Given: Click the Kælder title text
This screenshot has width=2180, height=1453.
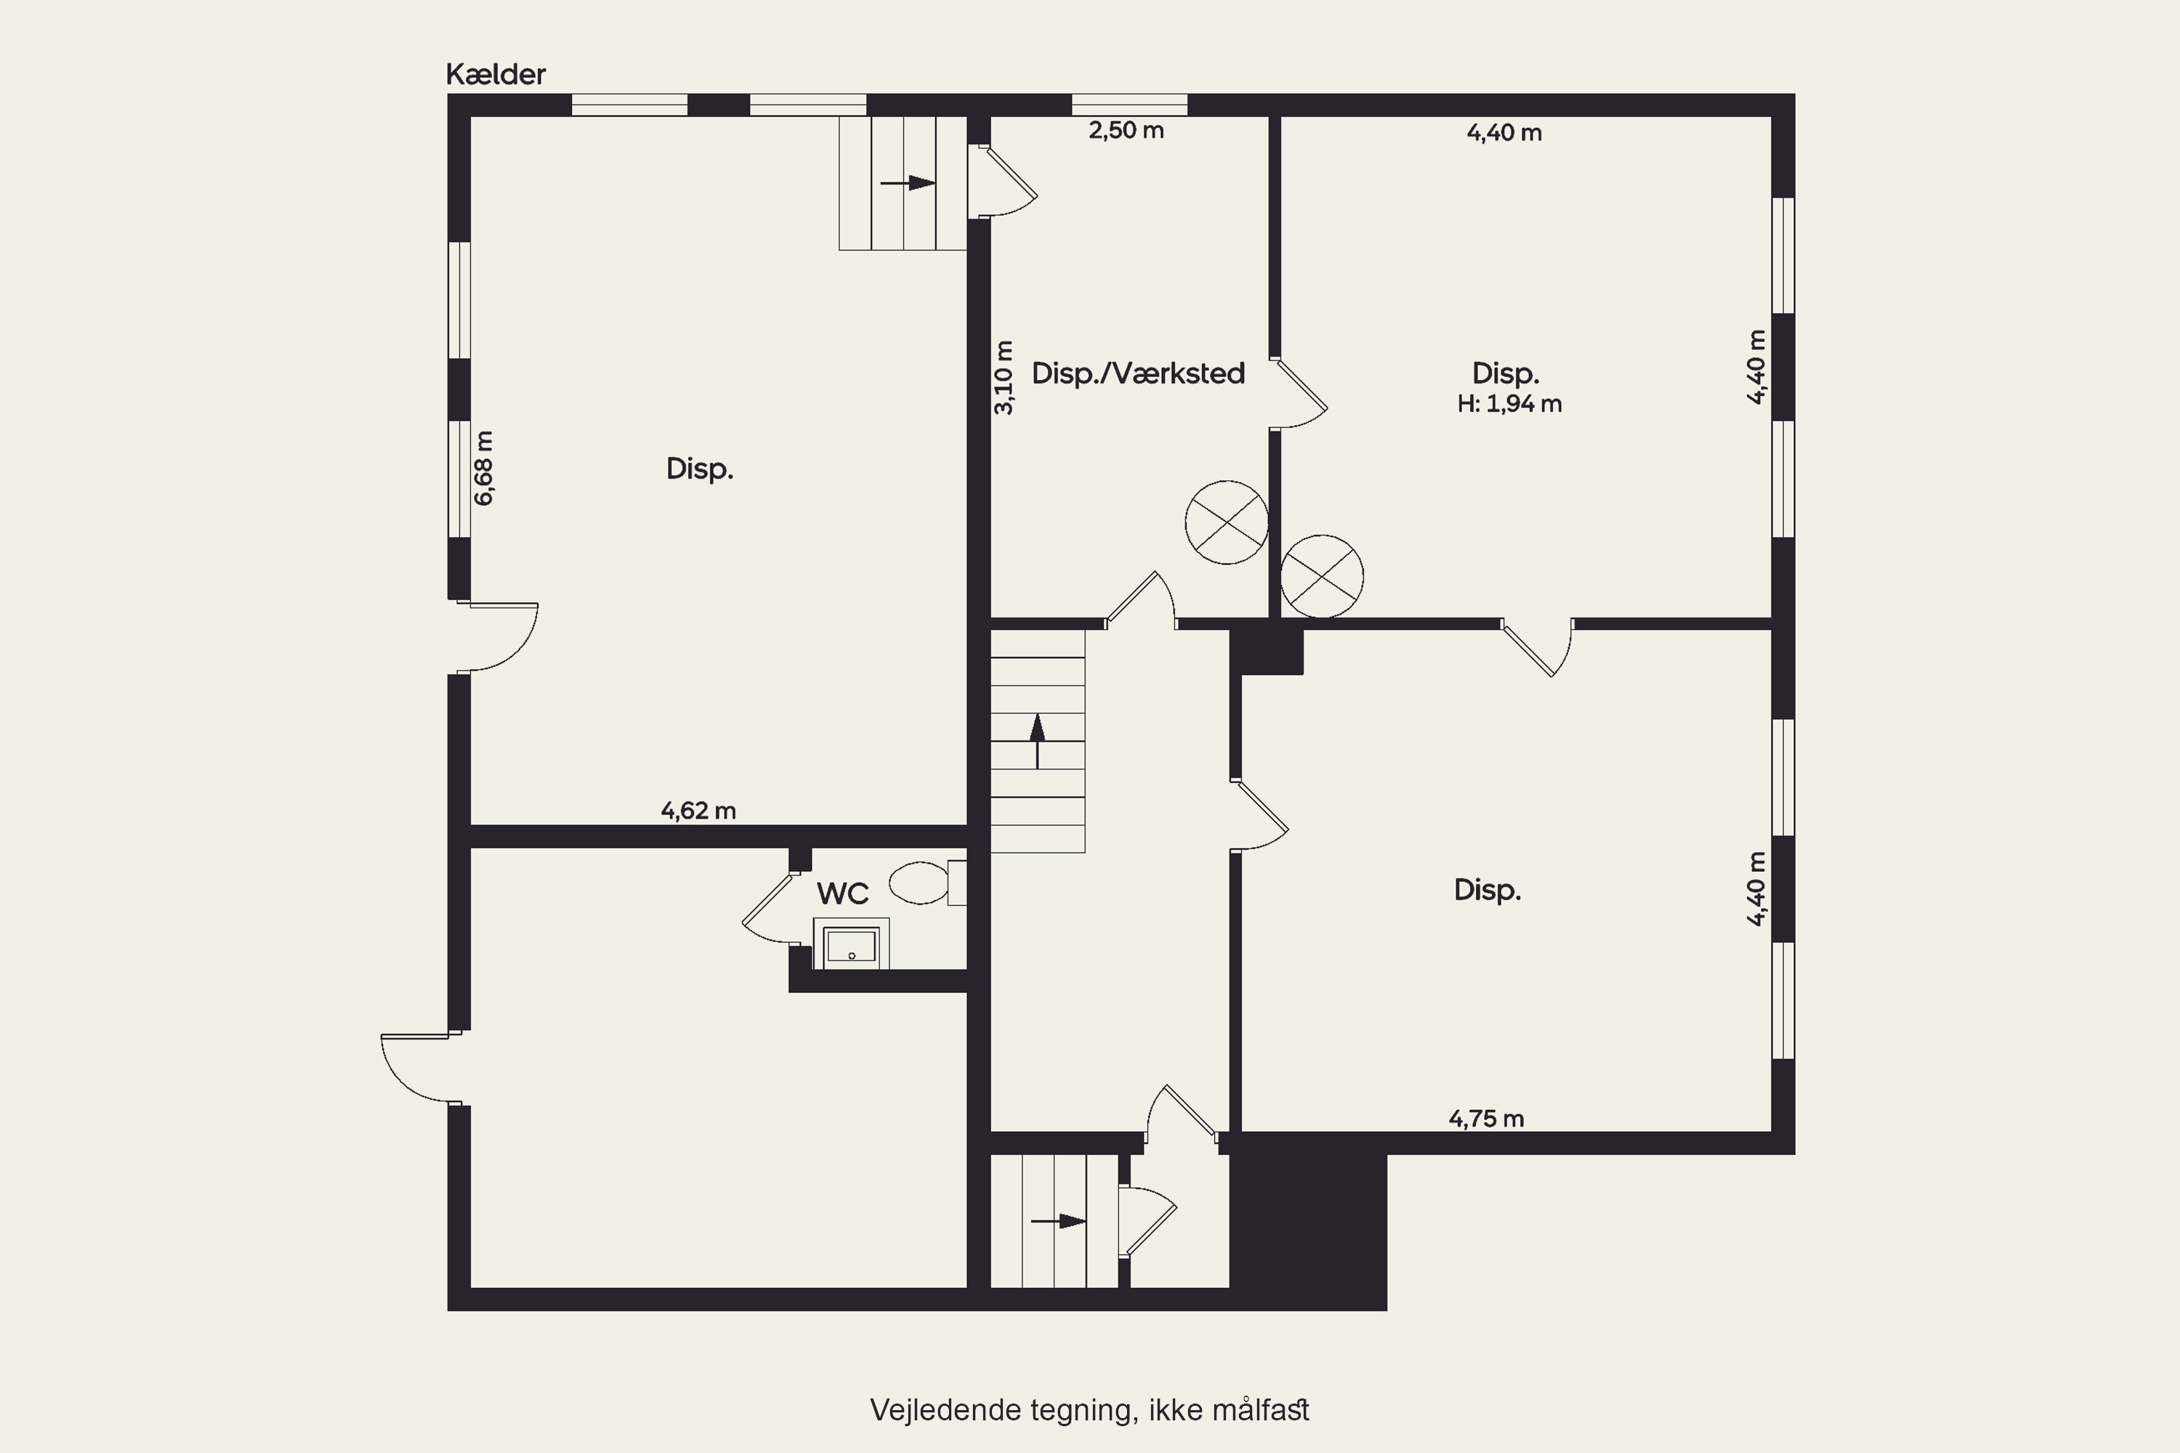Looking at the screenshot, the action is coord(496,74).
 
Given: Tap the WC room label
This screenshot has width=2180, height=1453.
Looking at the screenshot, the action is coord(842,894).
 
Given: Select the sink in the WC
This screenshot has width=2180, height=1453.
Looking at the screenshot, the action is coord(851,944).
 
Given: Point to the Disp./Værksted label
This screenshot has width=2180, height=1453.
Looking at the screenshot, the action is coord(1138,373).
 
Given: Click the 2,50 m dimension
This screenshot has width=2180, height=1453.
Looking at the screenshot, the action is coord(1126,130).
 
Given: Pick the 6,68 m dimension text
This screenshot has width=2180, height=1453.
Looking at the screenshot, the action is coord(484,468).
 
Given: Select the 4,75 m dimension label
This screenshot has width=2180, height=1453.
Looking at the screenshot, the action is coord(1487,1119).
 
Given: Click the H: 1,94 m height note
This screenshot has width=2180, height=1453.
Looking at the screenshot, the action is coord(1510,404).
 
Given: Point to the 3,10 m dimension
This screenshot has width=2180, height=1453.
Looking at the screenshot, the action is coord(1004,378).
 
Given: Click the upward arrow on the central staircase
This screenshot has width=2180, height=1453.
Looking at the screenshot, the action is coord(1037,741).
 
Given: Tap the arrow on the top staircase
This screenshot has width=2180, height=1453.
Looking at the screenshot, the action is coord(908,182).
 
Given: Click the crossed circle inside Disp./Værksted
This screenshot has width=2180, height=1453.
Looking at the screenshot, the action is coord(1227,522).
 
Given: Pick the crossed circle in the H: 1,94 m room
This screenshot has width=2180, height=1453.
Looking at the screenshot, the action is coord(1322,575).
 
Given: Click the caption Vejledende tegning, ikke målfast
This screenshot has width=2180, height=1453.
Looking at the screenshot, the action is coord(1090,1409).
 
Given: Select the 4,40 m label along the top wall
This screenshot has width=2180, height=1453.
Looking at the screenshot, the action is coord(1504,132).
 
